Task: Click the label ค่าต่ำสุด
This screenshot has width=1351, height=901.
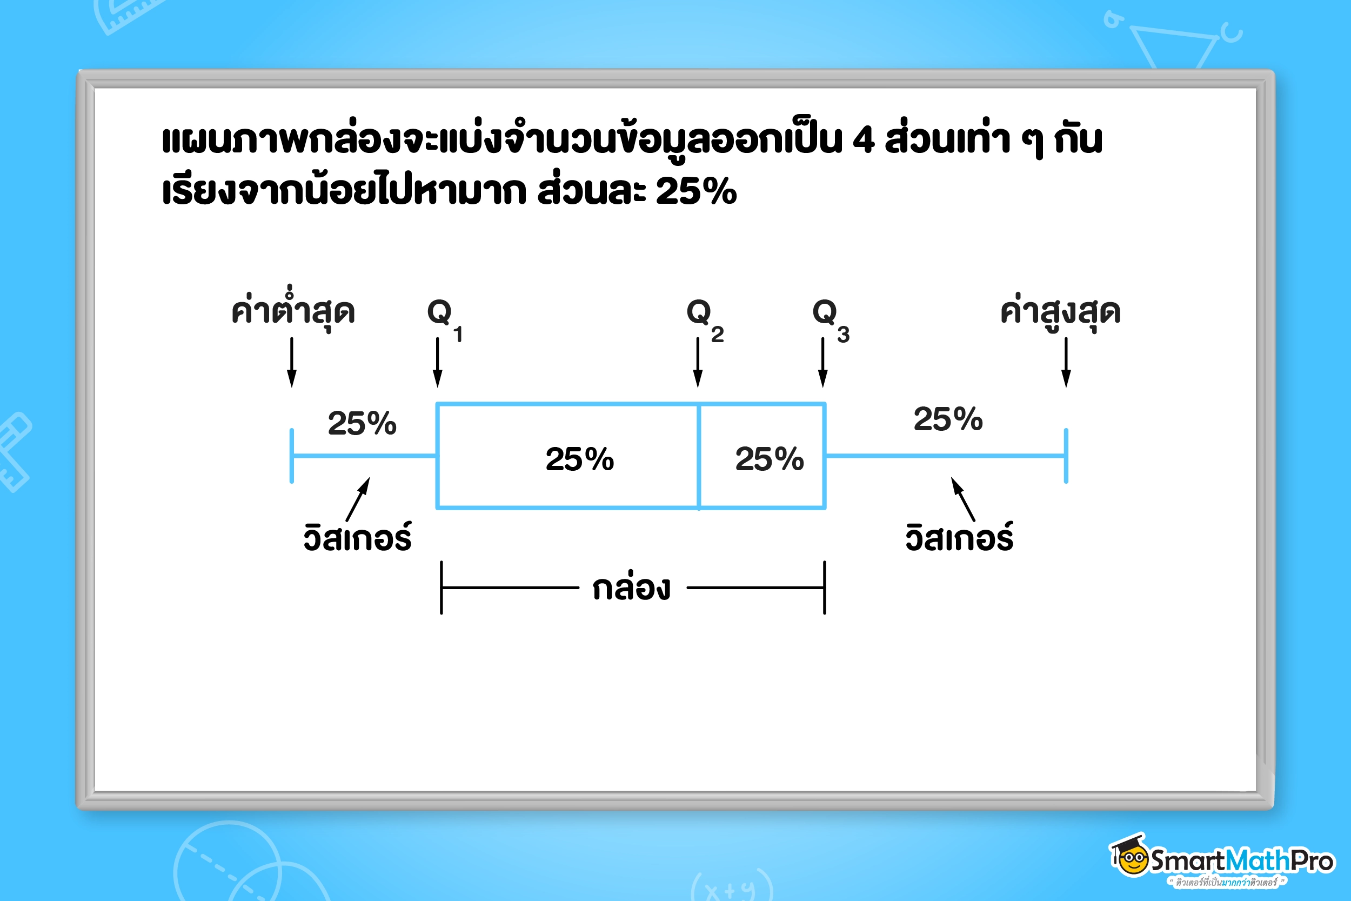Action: (293, 310)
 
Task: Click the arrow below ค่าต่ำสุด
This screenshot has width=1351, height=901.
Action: (292, 362)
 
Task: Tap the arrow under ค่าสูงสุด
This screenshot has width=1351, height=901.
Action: (1066, 362)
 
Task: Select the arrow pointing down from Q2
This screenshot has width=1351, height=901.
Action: (698, 362)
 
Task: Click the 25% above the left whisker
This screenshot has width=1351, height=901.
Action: (362, 424)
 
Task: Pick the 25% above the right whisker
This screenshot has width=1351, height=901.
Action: (948, 419)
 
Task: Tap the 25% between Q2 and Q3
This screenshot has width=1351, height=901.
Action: (769, 459)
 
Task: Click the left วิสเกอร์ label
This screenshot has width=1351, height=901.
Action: (357, 538)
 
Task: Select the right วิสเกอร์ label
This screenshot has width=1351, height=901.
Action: (959, 538)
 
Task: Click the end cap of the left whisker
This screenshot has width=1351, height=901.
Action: (292, 456)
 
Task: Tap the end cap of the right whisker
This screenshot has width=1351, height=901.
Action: (1066, 456)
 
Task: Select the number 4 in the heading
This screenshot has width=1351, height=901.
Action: (864, 140)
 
